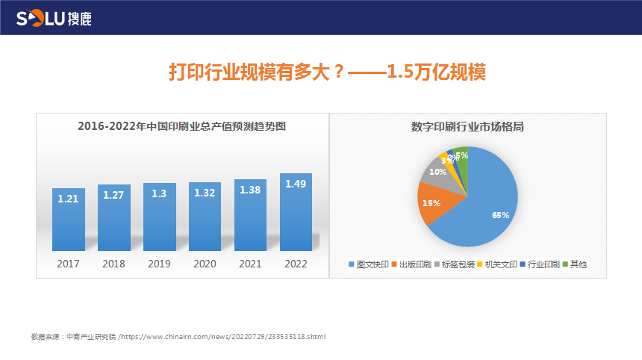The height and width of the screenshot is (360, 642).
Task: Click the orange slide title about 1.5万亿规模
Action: [327, 72]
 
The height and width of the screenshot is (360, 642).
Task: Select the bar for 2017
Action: [69, 220]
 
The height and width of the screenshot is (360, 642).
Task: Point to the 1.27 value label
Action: [114, 196]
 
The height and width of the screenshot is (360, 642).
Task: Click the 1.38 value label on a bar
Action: [250, 190]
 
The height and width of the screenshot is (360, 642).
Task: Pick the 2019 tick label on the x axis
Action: [159, 264]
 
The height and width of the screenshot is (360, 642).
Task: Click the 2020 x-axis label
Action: [205, 264]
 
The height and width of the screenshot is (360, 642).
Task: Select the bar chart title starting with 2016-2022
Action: [182, 126]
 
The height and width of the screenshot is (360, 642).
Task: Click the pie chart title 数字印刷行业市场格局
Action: [467, 126]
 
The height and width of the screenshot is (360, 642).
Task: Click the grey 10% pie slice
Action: [435, 171]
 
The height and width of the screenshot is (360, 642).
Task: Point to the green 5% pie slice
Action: [462, 155]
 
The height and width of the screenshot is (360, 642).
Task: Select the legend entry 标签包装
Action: [457, 264]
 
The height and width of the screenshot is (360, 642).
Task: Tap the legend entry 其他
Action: [578, 264]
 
